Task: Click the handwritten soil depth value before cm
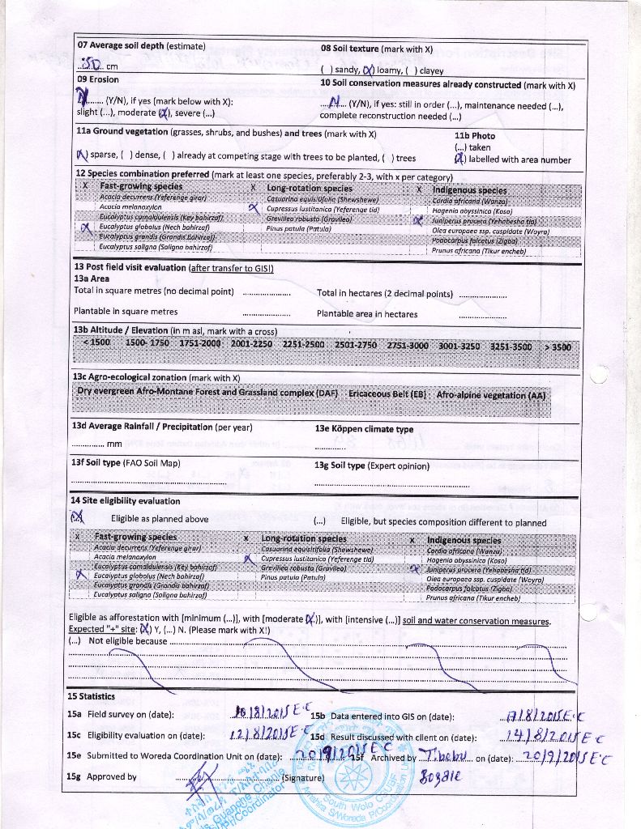pos(88,64)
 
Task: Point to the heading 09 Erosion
pos(97,79)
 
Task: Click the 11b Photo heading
pos(474,136)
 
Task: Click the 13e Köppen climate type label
pos(364,429)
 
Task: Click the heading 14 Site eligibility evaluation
pos(126,501)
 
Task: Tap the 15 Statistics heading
pos(91,696)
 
